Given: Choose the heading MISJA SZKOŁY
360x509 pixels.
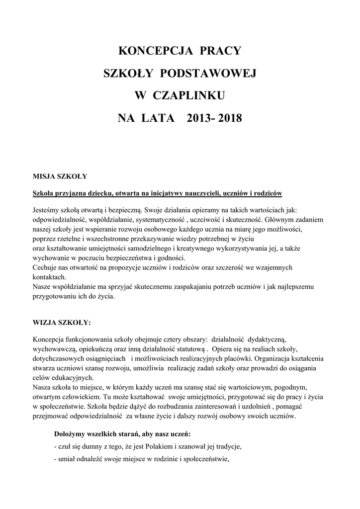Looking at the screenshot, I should click(x=60, y=176).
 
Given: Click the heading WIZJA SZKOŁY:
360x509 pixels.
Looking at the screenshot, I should click(x=62, y=322).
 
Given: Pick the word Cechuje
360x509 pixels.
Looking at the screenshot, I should click(x=45, y=267).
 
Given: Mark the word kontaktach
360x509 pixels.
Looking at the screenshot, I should click(x=49, y=276).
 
